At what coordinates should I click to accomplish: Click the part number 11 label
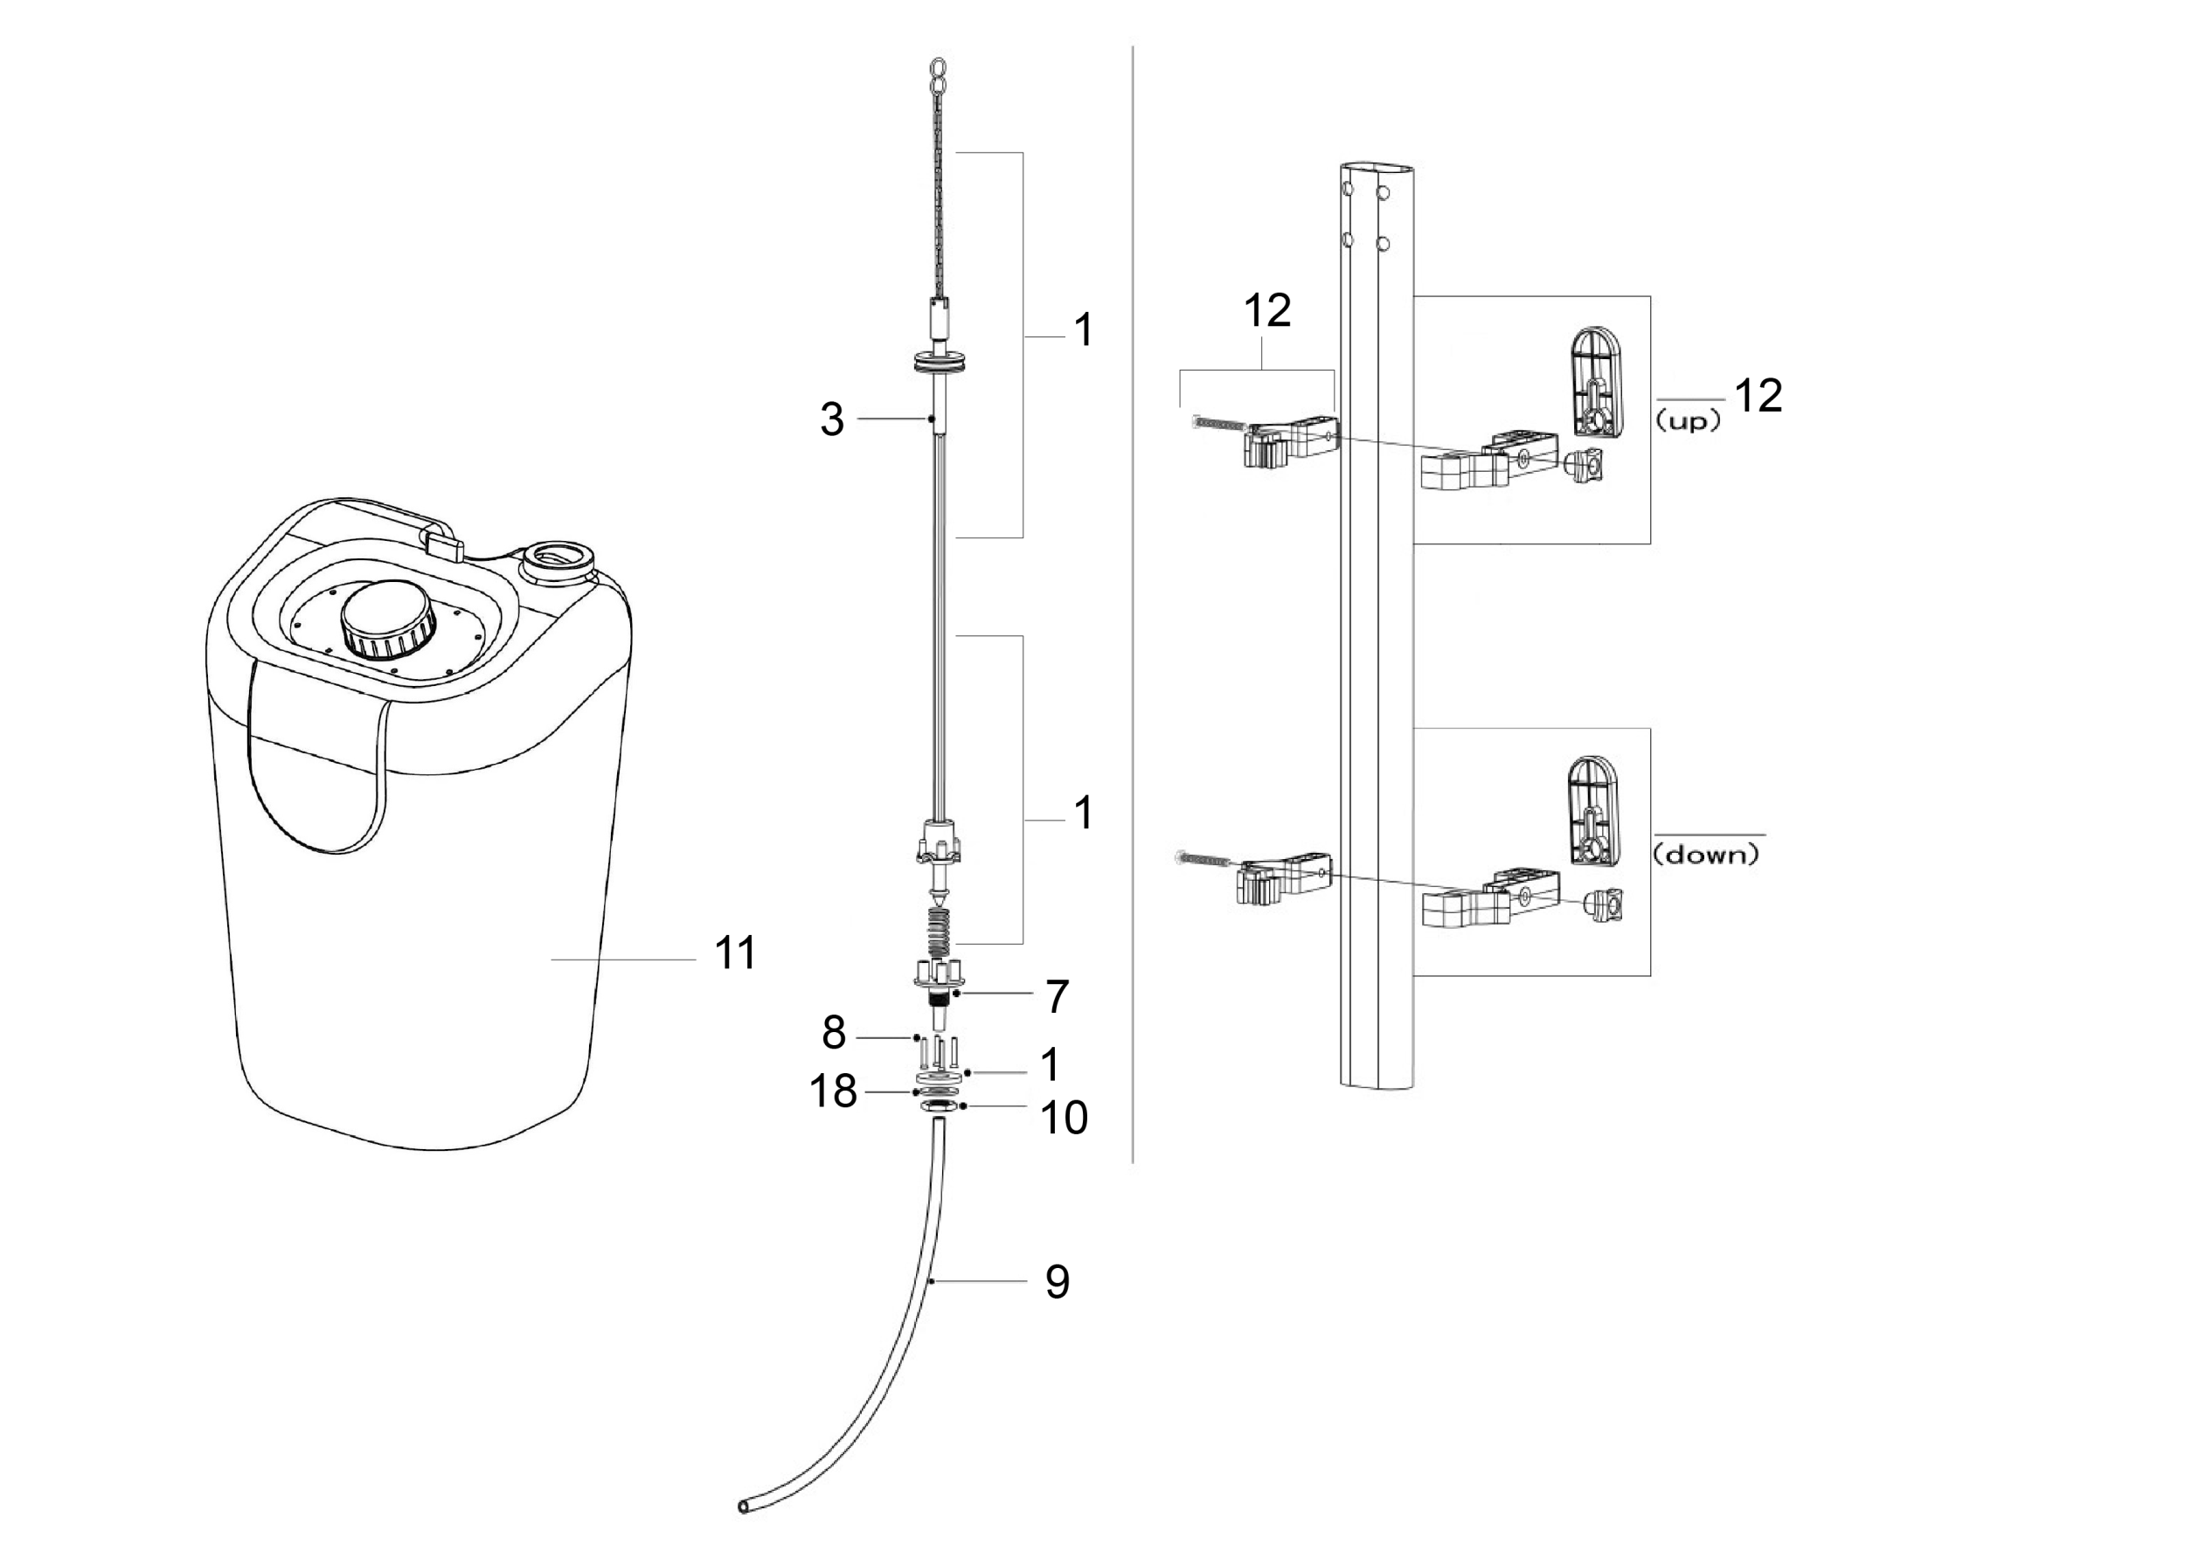click(735, 953)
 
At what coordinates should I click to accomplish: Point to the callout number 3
click(832, 419)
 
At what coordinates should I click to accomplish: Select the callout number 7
click(1058, 996)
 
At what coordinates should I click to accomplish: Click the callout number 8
click(834, 1032)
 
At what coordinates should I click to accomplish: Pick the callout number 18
click(833, 1091)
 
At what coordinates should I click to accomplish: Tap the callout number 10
click(1064, 1118)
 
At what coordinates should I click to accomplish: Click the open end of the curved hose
click(743, 1506)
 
